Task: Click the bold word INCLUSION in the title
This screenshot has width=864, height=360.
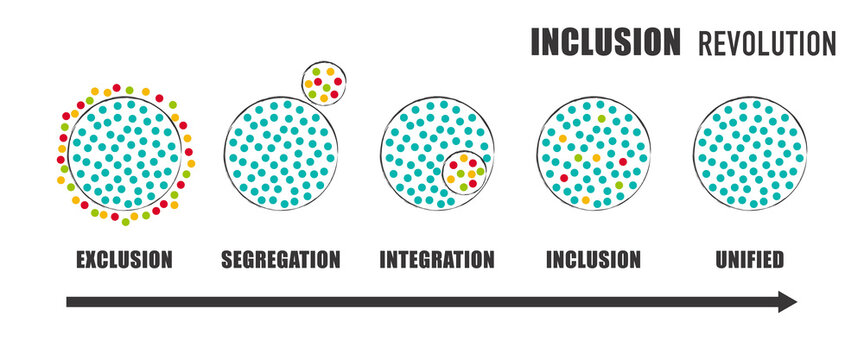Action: (x=604, y=42)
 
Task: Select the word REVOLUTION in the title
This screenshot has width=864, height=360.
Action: (x=766, y=43)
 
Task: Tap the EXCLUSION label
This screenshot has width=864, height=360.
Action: (x=124, y=260)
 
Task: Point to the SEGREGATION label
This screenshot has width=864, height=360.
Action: (x=280, y=260)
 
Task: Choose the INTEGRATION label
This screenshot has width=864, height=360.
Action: (x=437, y=260)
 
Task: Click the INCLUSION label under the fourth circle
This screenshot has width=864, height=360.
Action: (x=593, y=260)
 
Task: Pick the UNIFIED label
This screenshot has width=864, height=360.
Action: (x=750, y=260)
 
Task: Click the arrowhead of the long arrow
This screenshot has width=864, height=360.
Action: (x=788, y=302)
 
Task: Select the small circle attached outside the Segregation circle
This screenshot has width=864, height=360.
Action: (x=324, y=83)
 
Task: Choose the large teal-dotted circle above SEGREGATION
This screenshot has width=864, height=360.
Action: (x=279, y=155)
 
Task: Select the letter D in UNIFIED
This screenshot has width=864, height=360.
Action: (x=777, y=260)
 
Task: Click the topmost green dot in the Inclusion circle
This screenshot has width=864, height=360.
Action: (x=602, y=118)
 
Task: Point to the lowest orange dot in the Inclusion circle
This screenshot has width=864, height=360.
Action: (x=586, y=200)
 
